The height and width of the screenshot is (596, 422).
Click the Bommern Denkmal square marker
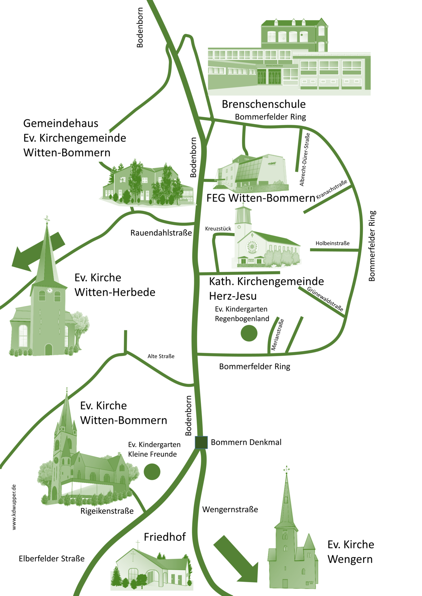click(x=201, y=442)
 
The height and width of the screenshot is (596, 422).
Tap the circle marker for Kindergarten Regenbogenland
click(x=249, y=333)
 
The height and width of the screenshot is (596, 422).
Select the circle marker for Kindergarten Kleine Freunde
click(x=152, y=472)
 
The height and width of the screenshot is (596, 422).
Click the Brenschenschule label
click(x=263, y=104)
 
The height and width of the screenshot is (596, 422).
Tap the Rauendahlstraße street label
click(x=161, y=233)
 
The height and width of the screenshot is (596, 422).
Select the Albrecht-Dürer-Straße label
click(x=305, y=159)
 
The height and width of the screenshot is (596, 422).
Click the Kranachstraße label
click(x=332, y=189)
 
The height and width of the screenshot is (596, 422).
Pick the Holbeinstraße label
click(x=332, y=243)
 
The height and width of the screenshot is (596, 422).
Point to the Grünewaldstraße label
click(x=325, y=299)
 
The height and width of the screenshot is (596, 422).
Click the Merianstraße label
click(x=277, y=335)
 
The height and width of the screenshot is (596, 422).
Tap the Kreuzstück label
click(x=218, y=229)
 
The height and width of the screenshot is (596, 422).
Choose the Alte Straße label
click(x=161, y=356)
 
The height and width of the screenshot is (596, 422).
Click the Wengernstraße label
click(x=230, y=510)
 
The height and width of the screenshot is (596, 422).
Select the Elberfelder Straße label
click(x=52, y=559)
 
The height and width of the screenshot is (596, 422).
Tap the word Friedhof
click(x=165, y=537)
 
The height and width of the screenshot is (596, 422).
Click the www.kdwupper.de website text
click(x=14, y=507)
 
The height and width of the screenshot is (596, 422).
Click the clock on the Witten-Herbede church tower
click(x=50, y=290)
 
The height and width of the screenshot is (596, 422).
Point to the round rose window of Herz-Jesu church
click(x=252, y=247)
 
